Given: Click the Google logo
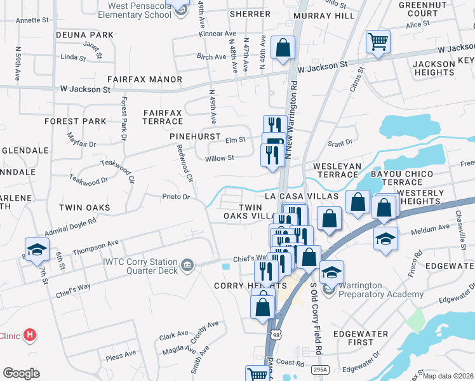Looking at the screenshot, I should (21, 373).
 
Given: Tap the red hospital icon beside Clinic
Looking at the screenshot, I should (29, 335).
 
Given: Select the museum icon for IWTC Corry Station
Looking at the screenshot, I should (187, 264).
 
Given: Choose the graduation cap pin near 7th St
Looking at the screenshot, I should (37, 250).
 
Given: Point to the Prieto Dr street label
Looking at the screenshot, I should (176, 197).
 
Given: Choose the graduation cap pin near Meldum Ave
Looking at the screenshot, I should (385, 239).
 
